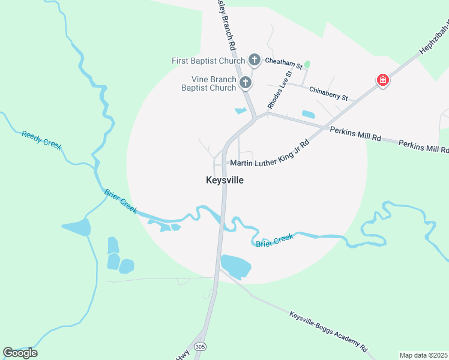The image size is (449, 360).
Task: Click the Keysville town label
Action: (225, 180)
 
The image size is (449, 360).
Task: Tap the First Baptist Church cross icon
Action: (255, 60)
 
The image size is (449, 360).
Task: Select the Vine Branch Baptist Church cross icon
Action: (245, 83)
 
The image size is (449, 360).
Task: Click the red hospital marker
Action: (382, 80)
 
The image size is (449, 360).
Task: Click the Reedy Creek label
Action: (42, 140)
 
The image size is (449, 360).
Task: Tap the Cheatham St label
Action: (282, 61)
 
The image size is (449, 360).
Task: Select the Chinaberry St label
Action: (328, 94)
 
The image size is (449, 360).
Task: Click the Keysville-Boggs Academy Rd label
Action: (327, 331)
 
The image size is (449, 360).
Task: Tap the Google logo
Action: (20, 353)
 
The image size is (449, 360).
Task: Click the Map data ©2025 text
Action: (423, 355)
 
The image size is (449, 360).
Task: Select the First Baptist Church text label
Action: (208, 61)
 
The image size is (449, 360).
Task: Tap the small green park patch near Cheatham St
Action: (307, 64)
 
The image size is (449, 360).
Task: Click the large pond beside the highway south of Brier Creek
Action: (236, 266)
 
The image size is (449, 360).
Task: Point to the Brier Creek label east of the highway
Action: (275, 241)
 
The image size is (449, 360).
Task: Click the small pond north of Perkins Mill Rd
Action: (308, 114)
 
